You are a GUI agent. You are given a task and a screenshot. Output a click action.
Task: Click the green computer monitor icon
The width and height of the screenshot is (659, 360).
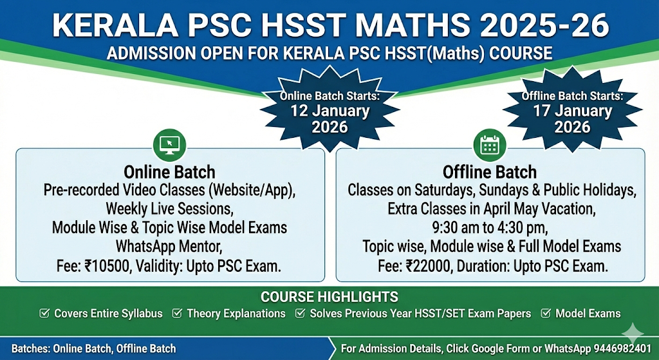pos(170,145)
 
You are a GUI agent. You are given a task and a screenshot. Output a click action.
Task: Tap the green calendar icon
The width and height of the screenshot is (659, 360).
pos(490,145)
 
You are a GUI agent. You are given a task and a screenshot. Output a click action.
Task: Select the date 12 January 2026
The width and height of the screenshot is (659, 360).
pos(330,119)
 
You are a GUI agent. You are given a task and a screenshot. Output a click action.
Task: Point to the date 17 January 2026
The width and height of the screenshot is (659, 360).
pos(572,119)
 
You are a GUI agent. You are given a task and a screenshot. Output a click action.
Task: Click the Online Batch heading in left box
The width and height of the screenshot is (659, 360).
pos(169,172)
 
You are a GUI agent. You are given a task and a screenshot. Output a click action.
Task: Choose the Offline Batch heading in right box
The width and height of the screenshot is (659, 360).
pos(490,172)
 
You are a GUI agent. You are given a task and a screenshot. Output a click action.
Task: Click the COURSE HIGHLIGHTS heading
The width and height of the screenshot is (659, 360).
pos(329,297)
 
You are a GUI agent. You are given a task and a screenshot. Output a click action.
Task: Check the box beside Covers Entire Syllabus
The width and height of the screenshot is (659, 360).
pos(44,314)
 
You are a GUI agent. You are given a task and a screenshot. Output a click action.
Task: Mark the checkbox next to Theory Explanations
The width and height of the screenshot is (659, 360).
pos(177,314)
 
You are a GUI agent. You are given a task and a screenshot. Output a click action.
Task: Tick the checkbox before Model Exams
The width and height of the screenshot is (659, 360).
pos(546,314)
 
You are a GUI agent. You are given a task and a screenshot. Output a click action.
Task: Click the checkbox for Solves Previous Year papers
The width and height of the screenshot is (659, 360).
pos(300,314)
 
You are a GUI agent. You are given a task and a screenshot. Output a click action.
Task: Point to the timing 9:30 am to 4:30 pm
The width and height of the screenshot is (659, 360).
pos(490,227)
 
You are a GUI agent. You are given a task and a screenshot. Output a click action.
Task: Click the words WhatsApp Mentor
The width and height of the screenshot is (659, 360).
pos(169,246)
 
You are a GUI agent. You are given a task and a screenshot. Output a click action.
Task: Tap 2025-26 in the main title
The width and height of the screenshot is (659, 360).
pos(544,25)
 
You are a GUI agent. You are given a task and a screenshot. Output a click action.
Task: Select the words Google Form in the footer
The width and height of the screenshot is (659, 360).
pos(515,348)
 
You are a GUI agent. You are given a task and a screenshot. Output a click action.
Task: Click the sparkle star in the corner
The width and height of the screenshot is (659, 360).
pos(633,335)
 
